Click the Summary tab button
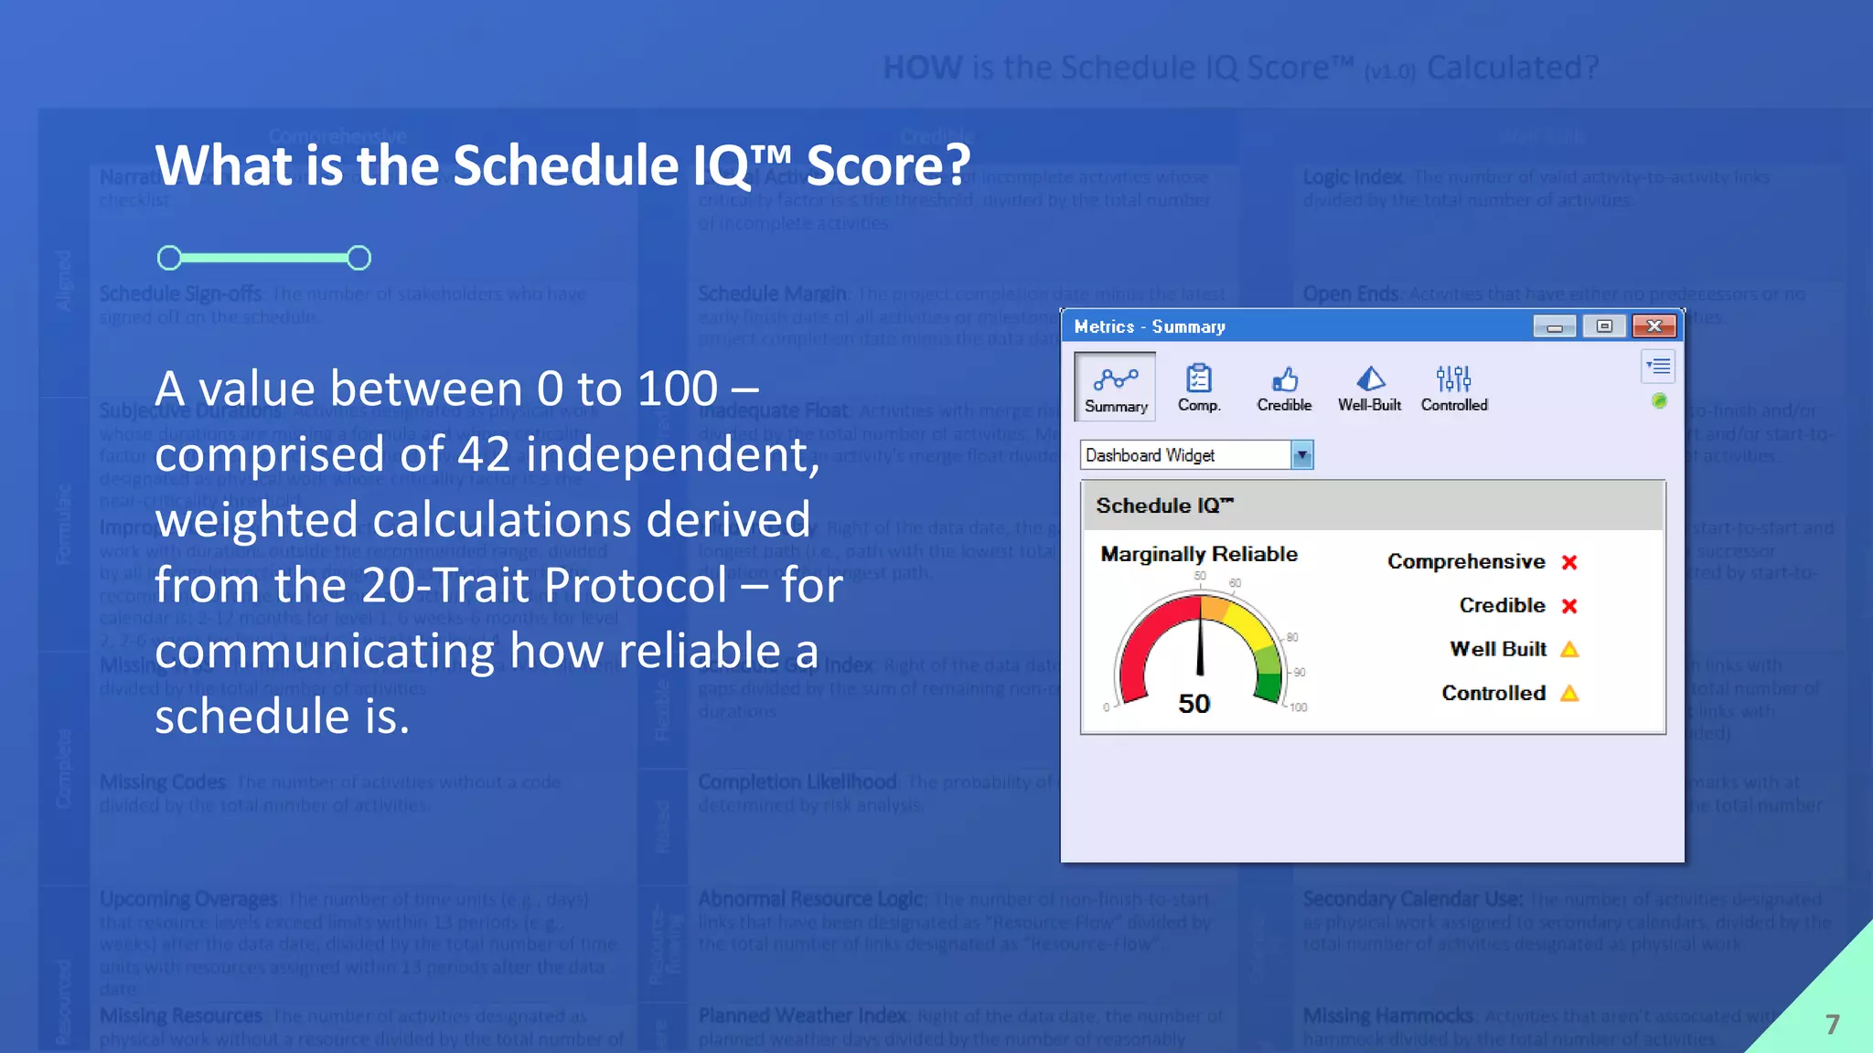(x=1115, y=388)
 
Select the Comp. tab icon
(x=1198, y=387)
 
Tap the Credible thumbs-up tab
(x=1284, y=387)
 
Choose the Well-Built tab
(x=1369, y=387)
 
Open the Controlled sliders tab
(x=1453, y=387)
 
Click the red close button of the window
(x=1654, y=326)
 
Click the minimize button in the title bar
(x=1554, y=326)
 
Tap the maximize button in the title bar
(x=1604, y=326)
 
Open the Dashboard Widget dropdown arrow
(x=1301, y=455)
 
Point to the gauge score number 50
(x=1193, y=703)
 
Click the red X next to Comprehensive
(x=1569, y=562)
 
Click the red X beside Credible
(x=1569, y=606)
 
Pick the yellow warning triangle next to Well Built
(x=1569, y=650)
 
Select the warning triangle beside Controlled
(x=1569, y=694)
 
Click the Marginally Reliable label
(x=1198, y=554)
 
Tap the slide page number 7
(x=1832, y=1025)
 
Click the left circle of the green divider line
(x=169, y=258)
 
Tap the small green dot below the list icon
(x=1659, y=400)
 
